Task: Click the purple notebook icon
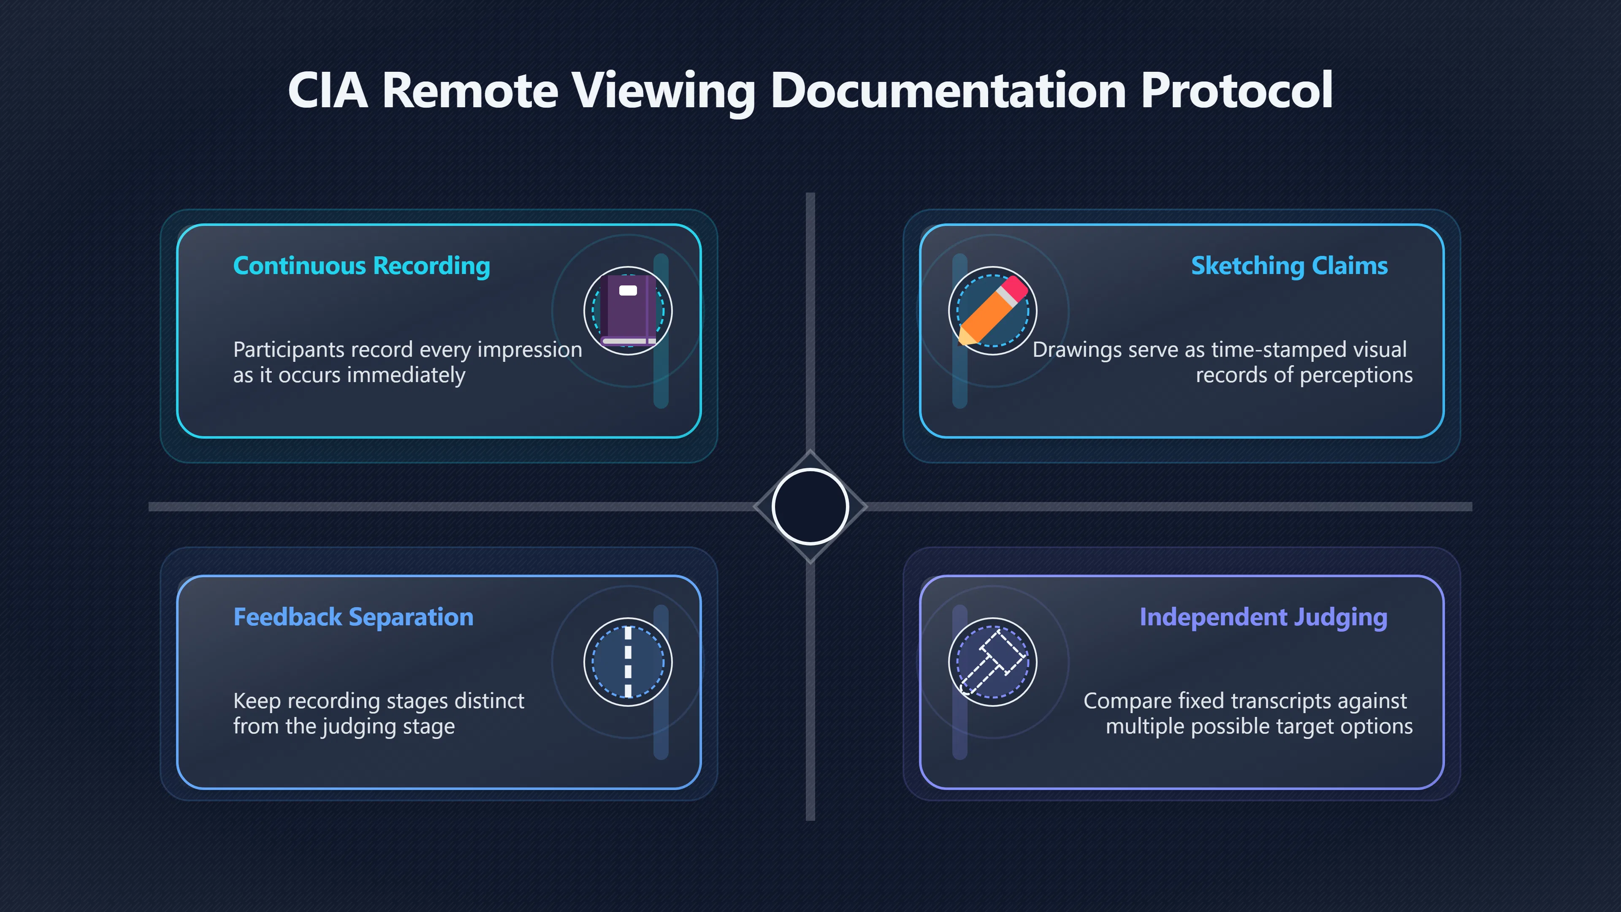pos(628,310)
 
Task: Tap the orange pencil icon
pos(993,310)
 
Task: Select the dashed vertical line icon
pos(628,662)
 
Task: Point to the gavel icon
pos(993,662)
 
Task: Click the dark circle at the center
pos(810,507)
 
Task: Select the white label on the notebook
pos(628,290)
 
